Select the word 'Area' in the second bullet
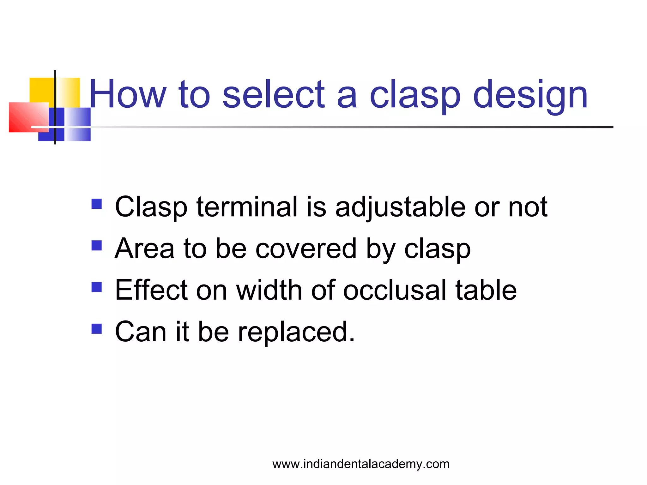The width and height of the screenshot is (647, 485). (144, 248)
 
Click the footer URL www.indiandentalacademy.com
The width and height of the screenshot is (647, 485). (361, 464)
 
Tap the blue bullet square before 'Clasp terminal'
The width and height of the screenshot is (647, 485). (97, 204)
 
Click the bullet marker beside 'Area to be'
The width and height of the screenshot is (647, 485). (97, 245)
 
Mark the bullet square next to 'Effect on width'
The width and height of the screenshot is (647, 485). (97, 287)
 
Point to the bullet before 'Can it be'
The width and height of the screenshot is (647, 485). (97, 328)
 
